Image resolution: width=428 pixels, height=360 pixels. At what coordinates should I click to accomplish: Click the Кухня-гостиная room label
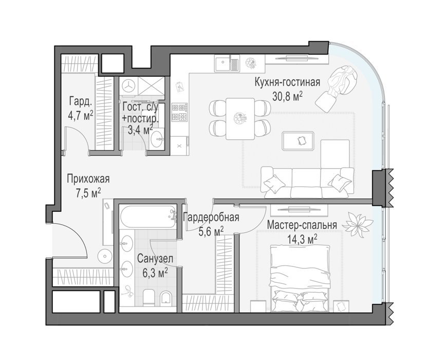tap(287, 82)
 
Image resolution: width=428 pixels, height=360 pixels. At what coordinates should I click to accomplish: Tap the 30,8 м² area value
tap(287, 96)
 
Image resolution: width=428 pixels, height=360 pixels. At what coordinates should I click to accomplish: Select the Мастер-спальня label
tap(302, 225)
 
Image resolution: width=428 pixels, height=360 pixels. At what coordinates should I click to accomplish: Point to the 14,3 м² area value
tap(302, 240)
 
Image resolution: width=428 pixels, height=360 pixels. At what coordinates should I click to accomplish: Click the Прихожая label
tap(88, 179)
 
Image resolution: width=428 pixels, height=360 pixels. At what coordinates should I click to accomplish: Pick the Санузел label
tap(155, 259)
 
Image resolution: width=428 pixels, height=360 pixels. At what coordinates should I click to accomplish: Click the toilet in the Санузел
tap(149, 297)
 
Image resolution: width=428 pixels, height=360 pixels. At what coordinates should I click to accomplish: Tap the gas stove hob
tap(179, 112)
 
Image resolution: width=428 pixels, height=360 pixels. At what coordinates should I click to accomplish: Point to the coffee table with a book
tap(298, 141)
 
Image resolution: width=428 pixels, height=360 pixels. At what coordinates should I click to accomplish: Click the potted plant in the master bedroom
tap(357, 225)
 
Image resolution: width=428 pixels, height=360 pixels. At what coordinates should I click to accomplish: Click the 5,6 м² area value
tap(211, 232)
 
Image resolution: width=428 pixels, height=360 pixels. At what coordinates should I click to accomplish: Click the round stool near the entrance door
tap(105, 256)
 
